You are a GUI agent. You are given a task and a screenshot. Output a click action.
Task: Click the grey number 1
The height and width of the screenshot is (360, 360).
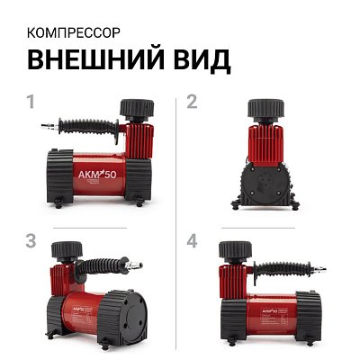[x=31, y=102]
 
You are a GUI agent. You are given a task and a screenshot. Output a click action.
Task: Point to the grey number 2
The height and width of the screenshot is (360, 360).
[x=191, y=102]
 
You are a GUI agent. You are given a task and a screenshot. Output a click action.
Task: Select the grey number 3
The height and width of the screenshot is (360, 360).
[x=31, y=240]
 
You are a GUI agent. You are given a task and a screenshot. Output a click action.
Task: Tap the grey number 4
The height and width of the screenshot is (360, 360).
[x=191, y=240]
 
